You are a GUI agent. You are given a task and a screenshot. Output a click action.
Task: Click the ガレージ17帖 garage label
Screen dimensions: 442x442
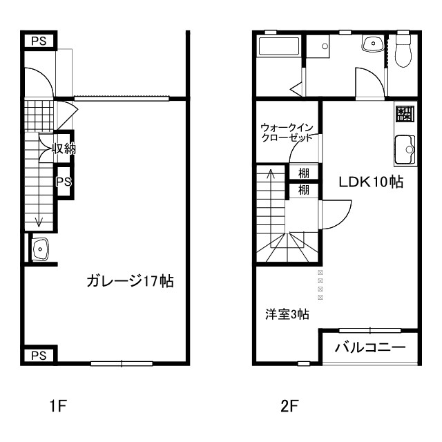(x=130, y=281)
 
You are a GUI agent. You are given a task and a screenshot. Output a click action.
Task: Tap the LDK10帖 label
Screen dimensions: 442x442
(x=370, y=182)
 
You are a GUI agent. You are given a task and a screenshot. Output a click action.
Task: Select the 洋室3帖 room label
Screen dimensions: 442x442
(x=287, y=314)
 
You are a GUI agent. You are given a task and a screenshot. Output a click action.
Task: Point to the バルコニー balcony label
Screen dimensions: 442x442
(x=370, y=347)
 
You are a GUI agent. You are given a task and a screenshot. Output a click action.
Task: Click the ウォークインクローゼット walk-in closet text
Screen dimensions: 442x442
(x=287, y=133)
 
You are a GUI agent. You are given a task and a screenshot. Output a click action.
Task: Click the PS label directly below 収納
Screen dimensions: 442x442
(x=64, y=182)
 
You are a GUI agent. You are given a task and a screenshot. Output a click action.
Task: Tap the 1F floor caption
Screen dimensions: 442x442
(x=57, y=406)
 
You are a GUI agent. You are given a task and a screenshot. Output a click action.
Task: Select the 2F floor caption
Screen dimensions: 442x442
(x=289, y=406)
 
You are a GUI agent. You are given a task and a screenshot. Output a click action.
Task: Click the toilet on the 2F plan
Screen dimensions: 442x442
(x=404, y=52)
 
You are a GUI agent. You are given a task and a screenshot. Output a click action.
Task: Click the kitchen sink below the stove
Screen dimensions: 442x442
(x=405, y=148)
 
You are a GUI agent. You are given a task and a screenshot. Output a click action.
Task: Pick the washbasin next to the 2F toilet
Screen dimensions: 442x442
(x=374, y=44)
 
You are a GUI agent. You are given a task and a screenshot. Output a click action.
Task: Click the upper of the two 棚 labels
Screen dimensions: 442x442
(x=303, y=173)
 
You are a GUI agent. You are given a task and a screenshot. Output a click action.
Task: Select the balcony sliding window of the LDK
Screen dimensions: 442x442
(x=370, y=329)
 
